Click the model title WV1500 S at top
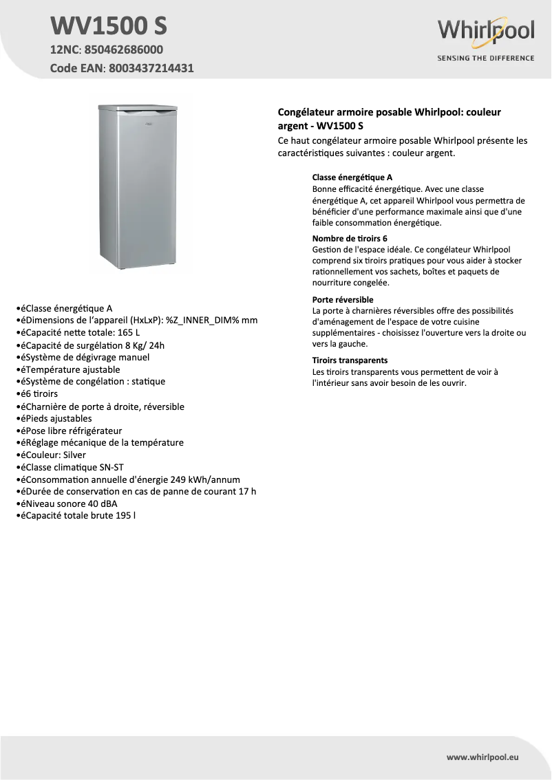click(x=109, y=26)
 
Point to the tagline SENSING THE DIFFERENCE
click(x=486, y=58)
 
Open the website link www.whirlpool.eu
click(x=482, y=757)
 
